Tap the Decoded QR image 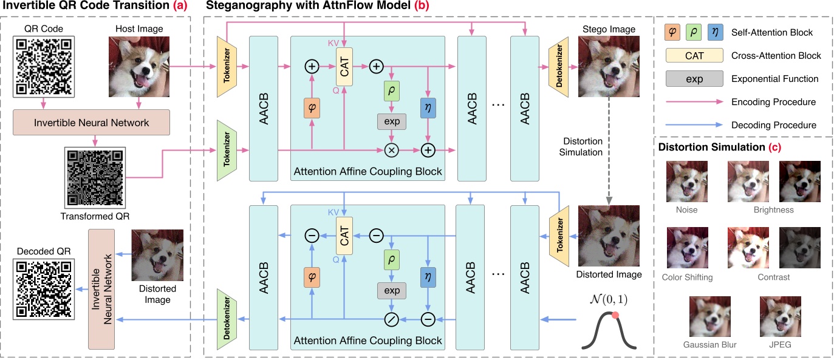43,288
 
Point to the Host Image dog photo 138,67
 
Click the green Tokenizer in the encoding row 227,149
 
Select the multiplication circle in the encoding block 391,149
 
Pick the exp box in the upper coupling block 391,121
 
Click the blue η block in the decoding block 429,276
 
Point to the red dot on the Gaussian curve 615,315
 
